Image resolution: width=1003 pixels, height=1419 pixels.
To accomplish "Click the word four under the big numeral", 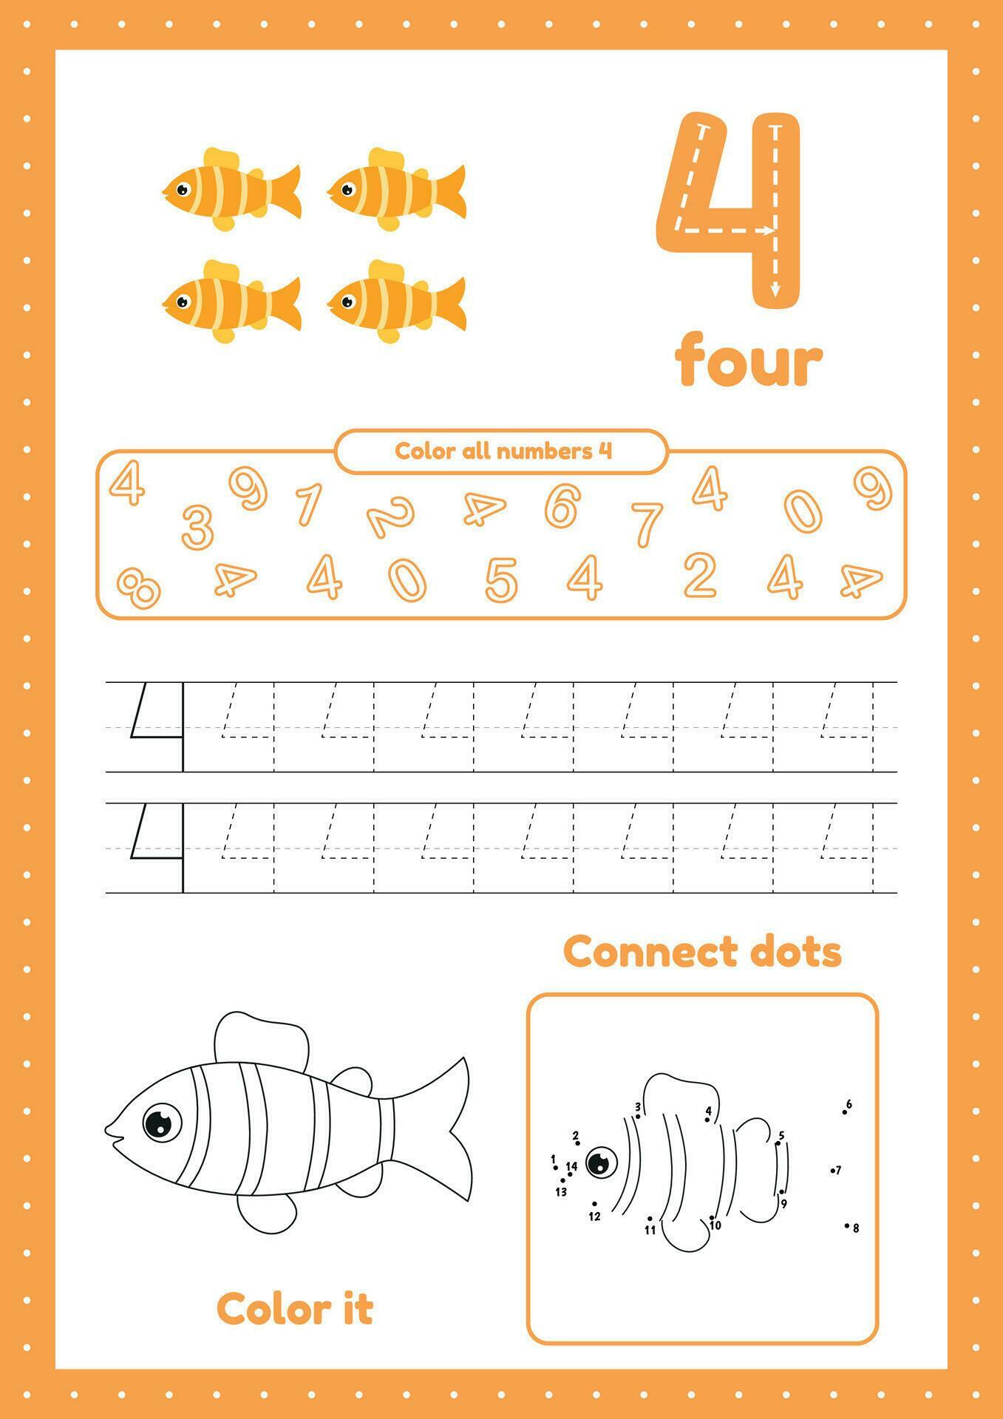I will point(748,360).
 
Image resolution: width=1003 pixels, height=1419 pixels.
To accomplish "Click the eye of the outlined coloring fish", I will point(161,1123).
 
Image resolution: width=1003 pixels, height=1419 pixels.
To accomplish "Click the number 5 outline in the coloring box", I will point(500,579).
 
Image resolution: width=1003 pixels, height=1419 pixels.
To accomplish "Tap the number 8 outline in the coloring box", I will point(139,588).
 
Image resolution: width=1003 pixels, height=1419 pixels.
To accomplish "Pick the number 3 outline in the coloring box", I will point(197,526).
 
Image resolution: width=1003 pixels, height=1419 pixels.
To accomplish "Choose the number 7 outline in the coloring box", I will point(647,523).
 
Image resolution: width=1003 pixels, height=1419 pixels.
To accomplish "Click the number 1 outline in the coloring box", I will point(308,503).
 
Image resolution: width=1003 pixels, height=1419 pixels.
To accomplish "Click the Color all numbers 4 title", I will point(503,451).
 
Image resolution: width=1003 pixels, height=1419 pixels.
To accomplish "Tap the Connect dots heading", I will point(702,951).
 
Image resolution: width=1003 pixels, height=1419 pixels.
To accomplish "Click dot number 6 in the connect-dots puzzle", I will point(844,1112).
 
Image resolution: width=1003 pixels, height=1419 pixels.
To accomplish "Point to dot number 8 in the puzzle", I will point(847,1225).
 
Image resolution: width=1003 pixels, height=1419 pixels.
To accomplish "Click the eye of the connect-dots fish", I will point(602,1163).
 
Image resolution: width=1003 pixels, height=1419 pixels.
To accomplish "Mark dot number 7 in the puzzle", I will point(832,1171).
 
